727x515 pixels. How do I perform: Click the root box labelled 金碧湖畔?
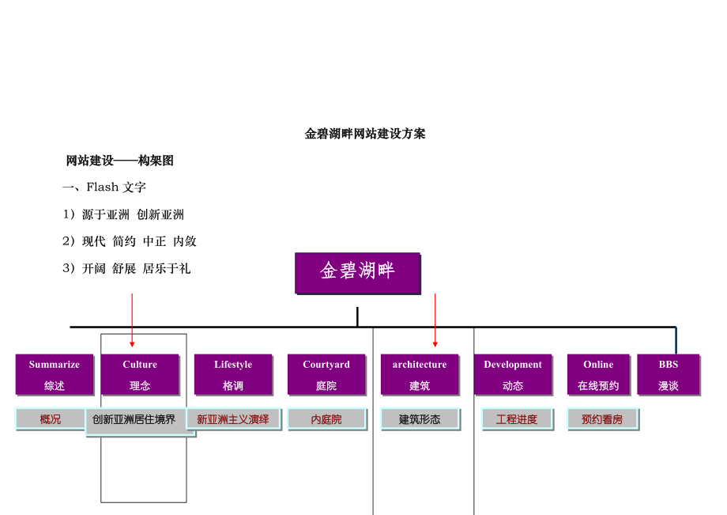click(357, 272)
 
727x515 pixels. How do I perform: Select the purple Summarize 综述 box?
click(54, 374)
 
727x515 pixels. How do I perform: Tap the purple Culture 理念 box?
click(140, 374)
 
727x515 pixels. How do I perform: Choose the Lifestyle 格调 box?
click(233, 374)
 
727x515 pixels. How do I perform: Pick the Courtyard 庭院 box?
click(326, 374)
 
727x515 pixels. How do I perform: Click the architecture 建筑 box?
click(420, 374)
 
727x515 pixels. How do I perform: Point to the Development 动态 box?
click(513, 374)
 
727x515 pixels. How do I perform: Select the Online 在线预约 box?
click(598, 374)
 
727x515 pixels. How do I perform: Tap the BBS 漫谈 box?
click(669, 374)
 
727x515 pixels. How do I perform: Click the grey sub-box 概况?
click(50, 419)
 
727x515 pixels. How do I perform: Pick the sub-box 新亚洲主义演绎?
click(233, 419)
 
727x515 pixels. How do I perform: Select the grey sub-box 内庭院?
click(326, 419)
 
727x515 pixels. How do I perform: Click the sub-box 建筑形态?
click(420, 419)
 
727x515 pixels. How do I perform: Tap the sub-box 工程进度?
click(517, 419)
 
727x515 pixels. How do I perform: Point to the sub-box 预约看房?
click(602, 419)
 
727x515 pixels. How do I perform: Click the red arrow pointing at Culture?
click(132, 320)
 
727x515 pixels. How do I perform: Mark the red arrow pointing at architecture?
click(435, 320)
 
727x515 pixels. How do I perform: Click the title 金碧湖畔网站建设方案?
click(365, 134)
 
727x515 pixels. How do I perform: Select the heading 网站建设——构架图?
click(119, 161)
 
